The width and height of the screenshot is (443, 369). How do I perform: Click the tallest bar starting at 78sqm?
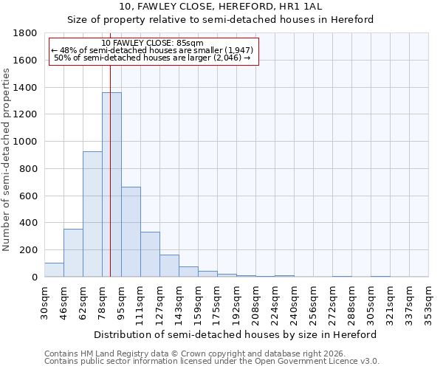[111, 184]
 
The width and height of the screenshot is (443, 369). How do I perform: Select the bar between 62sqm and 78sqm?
[92, 214]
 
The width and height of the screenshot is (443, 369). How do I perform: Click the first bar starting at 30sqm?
[54, 270]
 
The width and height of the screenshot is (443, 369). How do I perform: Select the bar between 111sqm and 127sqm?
[150, 255]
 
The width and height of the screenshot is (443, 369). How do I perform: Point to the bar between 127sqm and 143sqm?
[169, 266]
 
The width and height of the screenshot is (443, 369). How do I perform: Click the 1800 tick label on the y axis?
[26, 33]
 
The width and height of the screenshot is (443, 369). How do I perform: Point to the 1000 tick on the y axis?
[26, 142]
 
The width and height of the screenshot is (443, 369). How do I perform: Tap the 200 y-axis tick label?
[29, 250]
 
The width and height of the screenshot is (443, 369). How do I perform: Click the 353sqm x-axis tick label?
[429, 301]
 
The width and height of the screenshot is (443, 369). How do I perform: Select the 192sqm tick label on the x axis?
[237, 301]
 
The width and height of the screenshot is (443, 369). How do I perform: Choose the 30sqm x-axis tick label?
[45, 301]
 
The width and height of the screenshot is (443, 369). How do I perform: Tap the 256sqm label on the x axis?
[314, 301]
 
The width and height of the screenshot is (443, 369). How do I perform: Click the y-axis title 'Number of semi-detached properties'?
[7, 155]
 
